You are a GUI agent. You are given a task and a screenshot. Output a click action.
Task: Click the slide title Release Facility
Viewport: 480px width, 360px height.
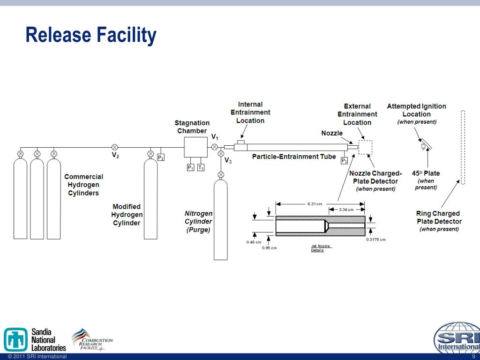(x=90, y=35)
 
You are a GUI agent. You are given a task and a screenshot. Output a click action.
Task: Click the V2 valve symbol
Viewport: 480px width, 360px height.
(x=114, y=147)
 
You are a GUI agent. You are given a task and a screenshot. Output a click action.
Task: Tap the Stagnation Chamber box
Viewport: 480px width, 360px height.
(x=196, y=147)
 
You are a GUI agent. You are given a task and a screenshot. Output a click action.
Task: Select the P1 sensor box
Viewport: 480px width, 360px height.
(x=191, y=167)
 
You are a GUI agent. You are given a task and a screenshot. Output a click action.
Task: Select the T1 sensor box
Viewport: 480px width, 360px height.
(x=201, y=167)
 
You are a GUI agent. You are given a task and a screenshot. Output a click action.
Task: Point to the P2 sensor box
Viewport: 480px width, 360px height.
(x=160, y=157)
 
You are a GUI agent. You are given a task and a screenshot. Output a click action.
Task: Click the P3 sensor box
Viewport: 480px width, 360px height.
(x=344, y=161)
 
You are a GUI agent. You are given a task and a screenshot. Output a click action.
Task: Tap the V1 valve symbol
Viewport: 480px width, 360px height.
(x=215, y=147)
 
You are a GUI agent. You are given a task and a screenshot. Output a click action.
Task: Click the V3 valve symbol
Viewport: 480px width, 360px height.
(x=221, y=153)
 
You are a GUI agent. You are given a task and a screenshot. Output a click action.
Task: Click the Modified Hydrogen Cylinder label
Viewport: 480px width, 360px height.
(x=126, y=215)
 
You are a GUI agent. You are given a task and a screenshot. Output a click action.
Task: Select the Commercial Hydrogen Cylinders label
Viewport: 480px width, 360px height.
(x=83, y=185)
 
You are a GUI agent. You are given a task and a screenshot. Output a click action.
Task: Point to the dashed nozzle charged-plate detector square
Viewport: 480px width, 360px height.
(x=365, y=147)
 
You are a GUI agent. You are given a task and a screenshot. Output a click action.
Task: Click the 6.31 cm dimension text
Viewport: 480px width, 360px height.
(x=315, y=203)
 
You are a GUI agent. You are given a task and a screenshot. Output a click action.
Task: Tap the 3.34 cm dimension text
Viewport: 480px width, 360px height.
(x=346, y=210)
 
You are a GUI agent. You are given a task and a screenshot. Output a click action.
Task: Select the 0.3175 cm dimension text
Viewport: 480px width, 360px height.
(x=376, y=240)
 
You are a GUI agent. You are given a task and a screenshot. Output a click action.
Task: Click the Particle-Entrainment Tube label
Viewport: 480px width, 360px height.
(x=294, y=157)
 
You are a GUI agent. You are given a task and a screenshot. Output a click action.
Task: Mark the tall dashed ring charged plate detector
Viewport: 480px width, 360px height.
(x=463, y=147)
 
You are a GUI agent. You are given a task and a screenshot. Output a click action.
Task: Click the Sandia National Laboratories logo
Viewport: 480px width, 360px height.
(x=35, y=339)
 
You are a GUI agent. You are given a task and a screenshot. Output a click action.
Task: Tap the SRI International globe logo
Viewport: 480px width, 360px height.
(x=456, y=338)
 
